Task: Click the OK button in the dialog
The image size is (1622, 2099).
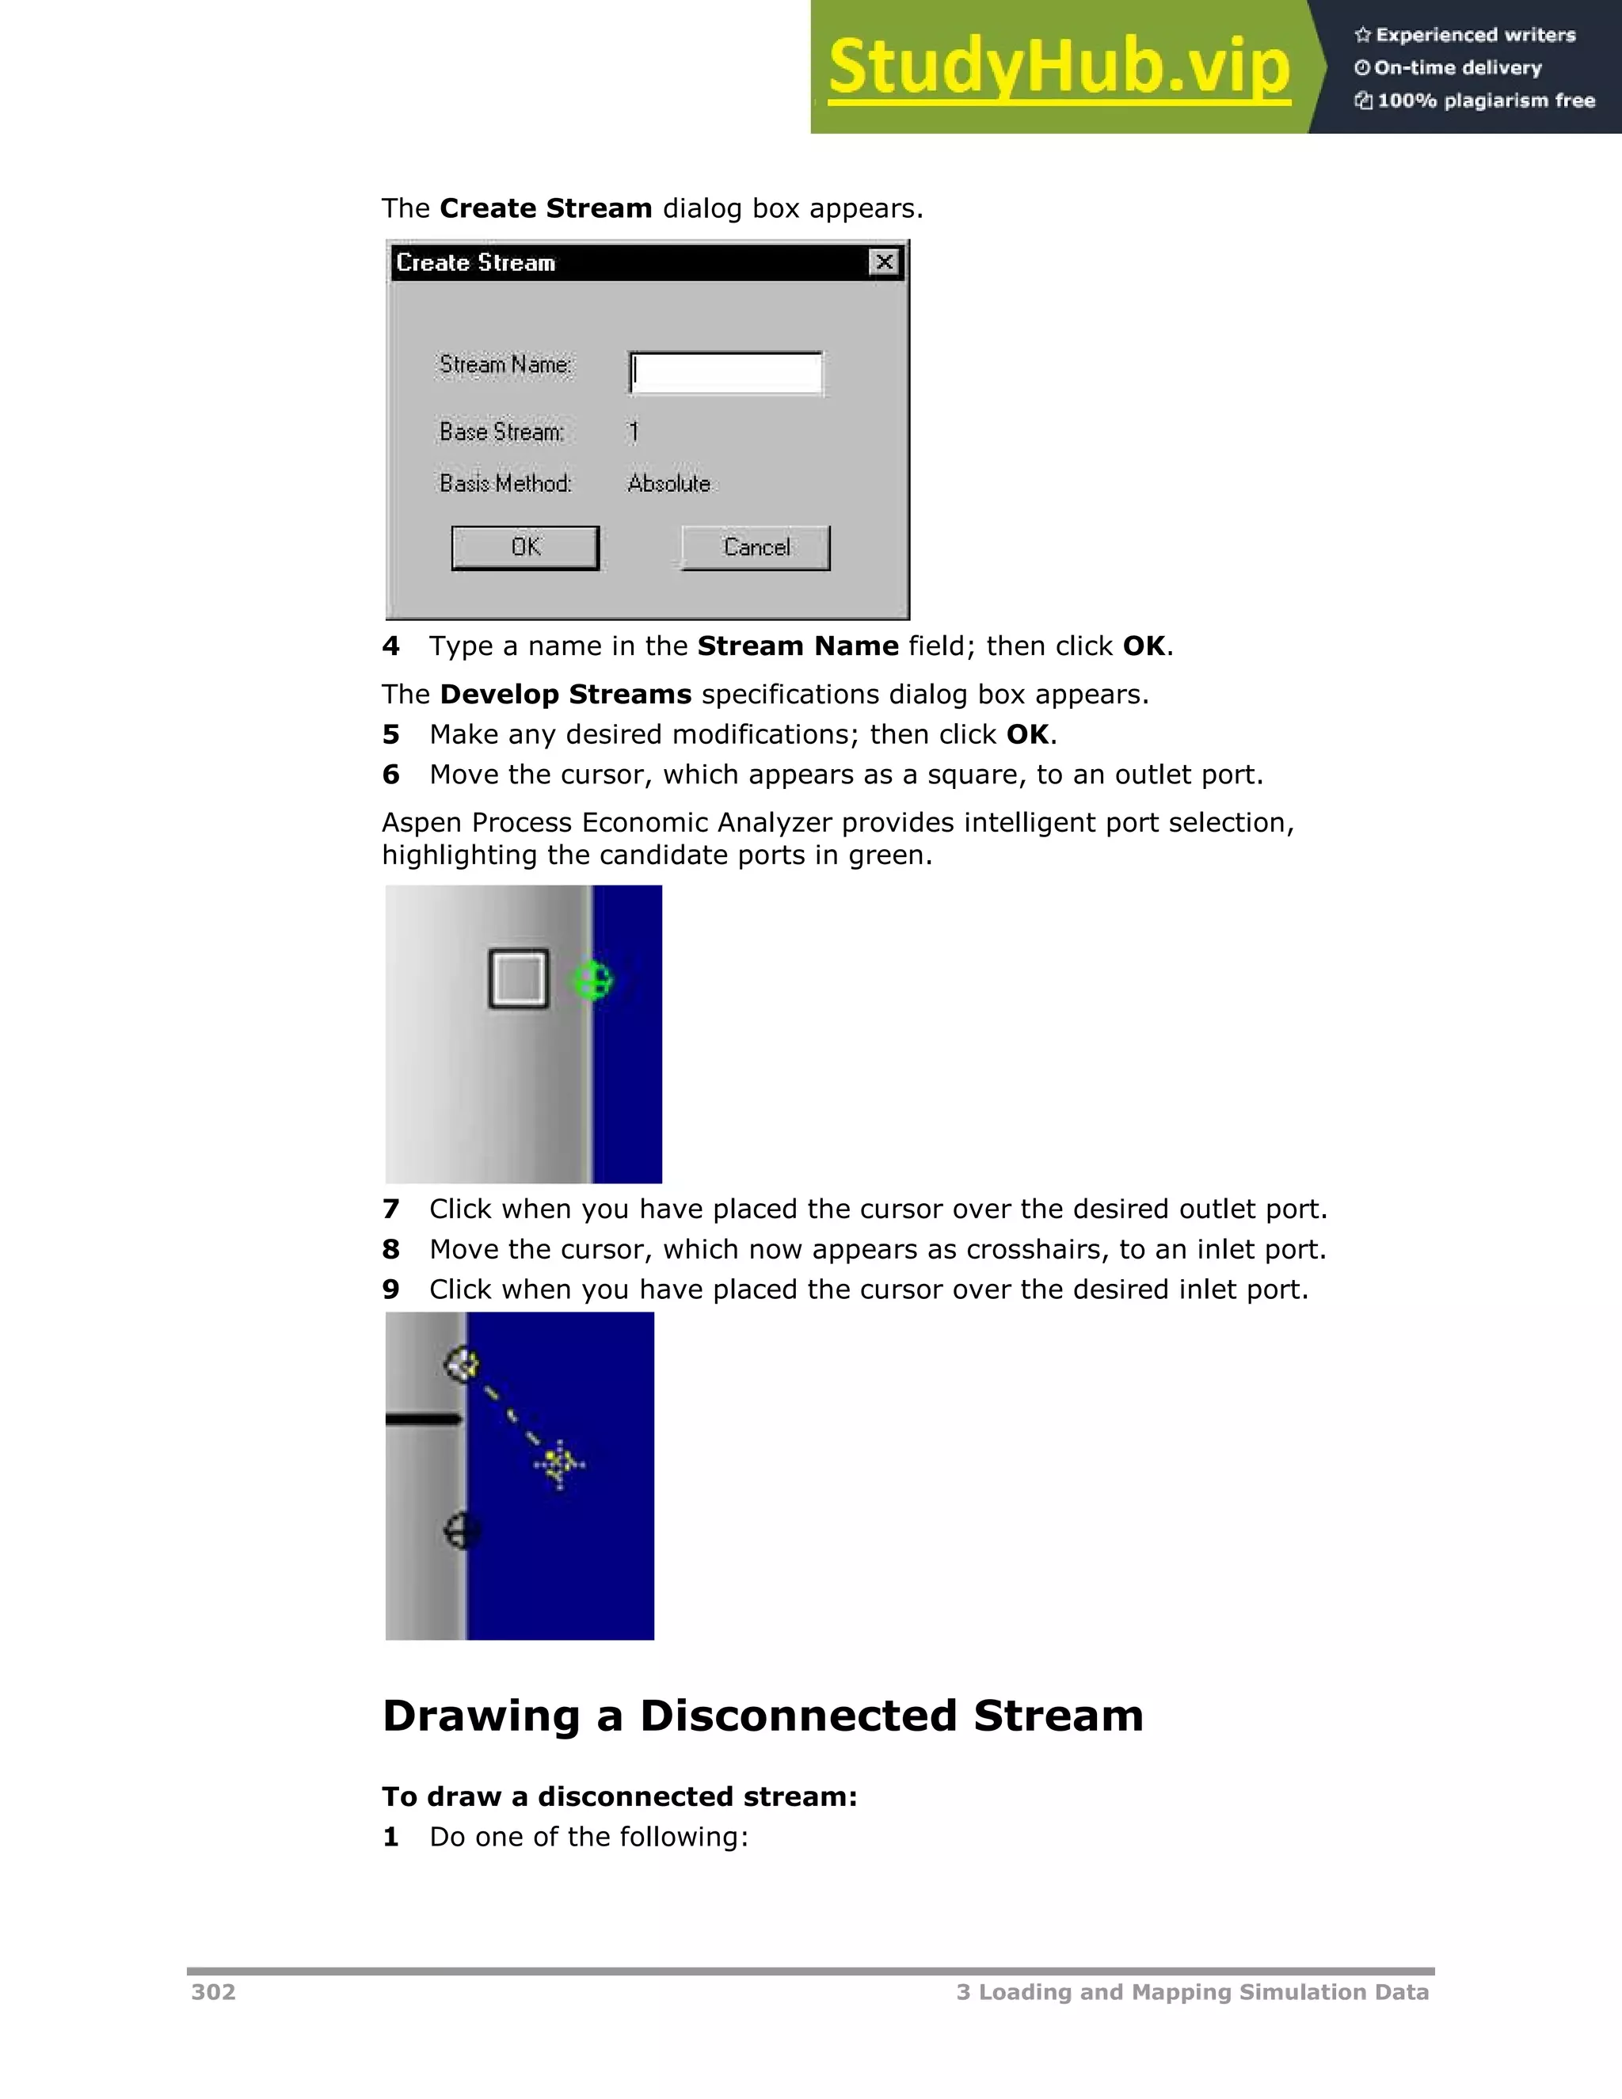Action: (x=526, y=548)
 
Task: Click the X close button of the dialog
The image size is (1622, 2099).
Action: (x=884, y=262)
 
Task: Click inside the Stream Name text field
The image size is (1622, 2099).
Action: (x=726, y=373)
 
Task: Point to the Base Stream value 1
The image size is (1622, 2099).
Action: (x=634, y=432)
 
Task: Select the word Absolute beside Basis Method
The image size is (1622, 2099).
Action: (x=668, y=483)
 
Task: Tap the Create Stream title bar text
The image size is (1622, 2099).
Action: (x=476, y=263)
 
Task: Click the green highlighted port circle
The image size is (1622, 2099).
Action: (x=592, y=981)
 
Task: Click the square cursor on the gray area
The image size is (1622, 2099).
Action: (x=519, y=978)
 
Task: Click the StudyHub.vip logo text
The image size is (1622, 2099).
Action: (x=1059, y=67)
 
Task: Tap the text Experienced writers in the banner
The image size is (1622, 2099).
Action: (x=1475, y=36)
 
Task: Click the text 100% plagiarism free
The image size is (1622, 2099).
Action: (x=1485, y=101)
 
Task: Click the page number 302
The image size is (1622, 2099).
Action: (x=213, y=1992)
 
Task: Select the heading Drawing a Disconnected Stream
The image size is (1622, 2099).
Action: (x=763, y=1716)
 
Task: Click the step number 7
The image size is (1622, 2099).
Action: (x=390, y=1209)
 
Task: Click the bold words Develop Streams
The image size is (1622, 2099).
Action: (x=565, y=694)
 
